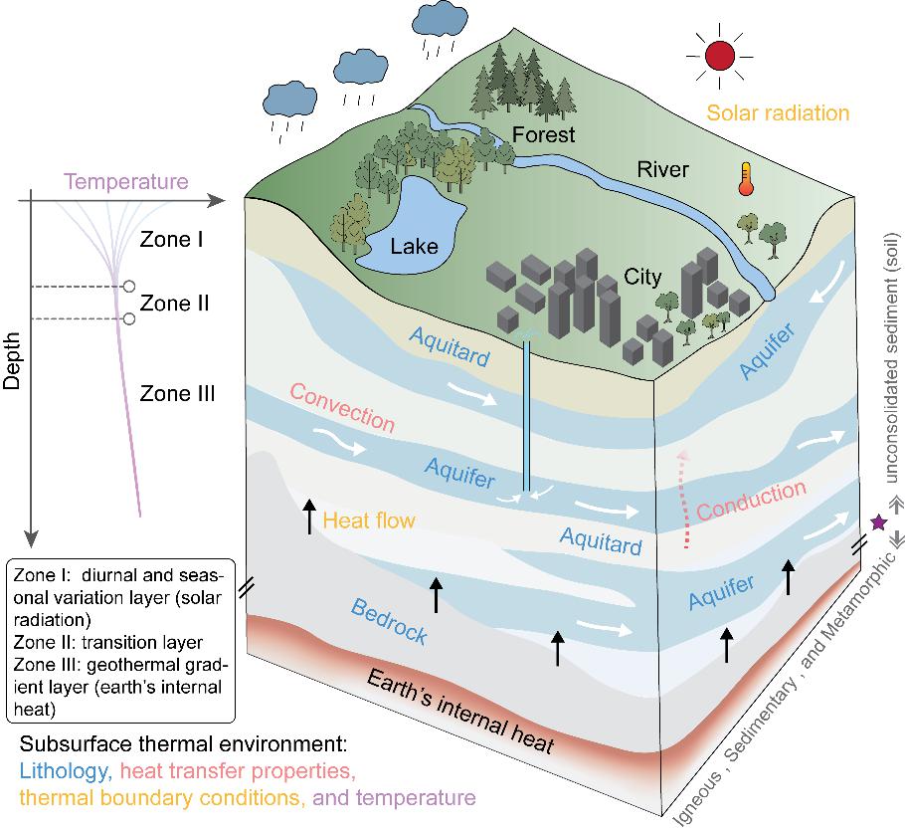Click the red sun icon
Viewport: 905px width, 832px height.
720,56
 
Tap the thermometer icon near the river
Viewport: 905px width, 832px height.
746,178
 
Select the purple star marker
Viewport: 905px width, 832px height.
878,522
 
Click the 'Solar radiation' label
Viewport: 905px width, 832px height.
778,112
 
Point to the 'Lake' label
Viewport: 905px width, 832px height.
414,247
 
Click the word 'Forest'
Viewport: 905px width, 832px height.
543,134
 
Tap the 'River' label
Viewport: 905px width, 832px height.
662,169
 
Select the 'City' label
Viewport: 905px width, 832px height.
642,277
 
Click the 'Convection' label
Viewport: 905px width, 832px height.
342,407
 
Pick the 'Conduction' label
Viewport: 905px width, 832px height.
751,500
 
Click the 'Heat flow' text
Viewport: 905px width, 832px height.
369,520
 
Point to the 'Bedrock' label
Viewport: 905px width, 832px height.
389,621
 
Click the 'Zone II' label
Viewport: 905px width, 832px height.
174,303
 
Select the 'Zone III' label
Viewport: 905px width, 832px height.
177,393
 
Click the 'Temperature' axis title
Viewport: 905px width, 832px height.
126,181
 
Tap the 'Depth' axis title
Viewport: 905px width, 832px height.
12,360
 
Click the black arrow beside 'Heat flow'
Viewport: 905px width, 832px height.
310,517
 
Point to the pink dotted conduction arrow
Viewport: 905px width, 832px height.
684,499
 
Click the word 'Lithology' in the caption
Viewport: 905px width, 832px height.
66,770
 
